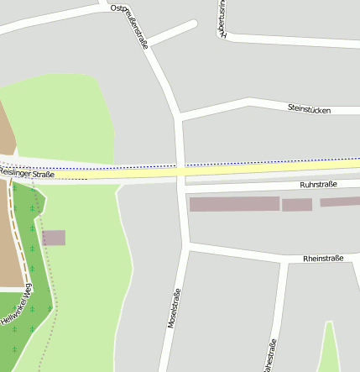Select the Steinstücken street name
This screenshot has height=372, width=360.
(309, 110)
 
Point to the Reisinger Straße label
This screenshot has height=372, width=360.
(27, 174)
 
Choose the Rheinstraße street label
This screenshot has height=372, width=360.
(323, 259)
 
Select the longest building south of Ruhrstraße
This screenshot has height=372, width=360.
(234, 204)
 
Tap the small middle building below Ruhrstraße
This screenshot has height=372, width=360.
(296, 205)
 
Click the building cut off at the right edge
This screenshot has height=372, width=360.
(340, 202)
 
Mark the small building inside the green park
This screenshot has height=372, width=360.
(54, 238)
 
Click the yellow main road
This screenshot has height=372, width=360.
(252, 169)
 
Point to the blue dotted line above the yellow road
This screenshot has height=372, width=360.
(252, 162)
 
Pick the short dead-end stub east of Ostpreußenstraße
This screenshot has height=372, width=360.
(172, 32)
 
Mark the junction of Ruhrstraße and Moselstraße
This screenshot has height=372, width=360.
(184, 191)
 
